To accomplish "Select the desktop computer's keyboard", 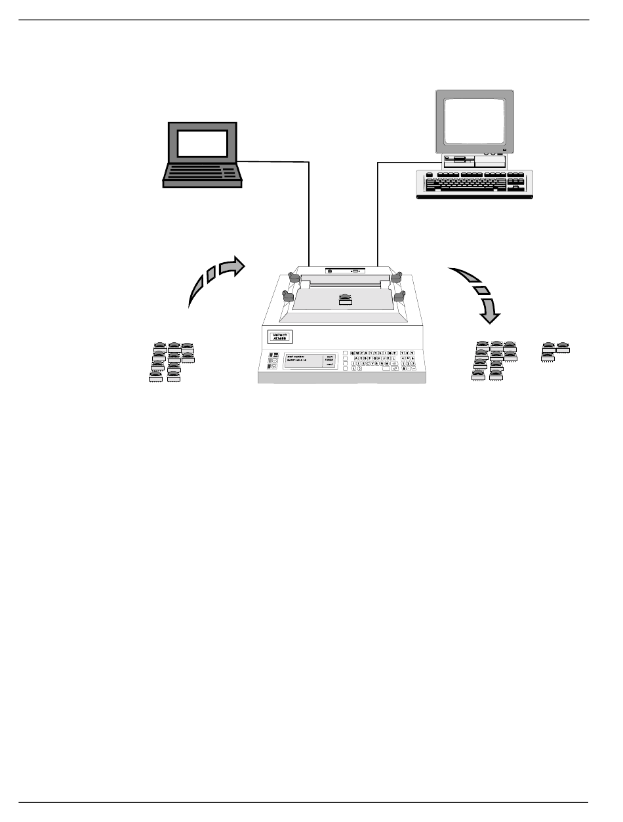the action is click(473, 183).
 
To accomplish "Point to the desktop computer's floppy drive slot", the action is click(459, 159).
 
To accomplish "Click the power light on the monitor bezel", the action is click(504, 151).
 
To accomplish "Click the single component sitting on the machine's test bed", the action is click(345, 300).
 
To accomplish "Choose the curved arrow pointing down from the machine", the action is click(477, 292).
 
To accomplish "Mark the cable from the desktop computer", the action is click(378, 210).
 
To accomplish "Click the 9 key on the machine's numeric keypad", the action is click(412, 353).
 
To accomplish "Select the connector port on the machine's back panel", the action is click(355, 271).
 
